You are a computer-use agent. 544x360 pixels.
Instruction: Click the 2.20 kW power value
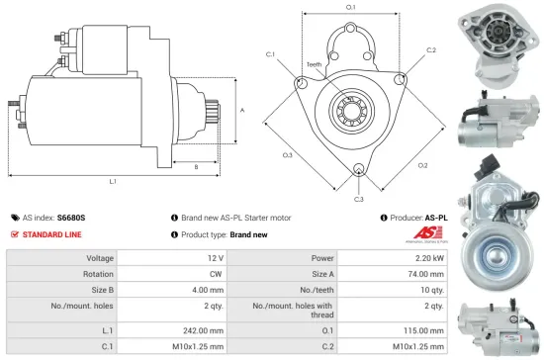(x=430, y=257)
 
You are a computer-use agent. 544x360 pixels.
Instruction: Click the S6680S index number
(x=71, y=217)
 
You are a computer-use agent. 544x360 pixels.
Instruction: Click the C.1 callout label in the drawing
(x=270, y=55)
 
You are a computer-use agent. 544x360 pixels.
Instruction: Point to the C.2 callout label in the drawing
(x=431, y=49)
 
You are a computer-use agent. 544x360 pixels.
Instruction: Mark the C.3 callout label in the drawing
(x=359, y=200)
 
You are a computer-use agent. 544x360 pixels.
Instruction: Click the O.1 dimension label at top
(x=351, y=9)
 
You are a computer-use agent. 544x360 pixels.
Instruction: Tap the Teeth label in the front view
(x=314, y=64)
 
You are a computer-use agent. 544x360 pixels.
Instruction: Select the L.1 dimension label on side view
(x=114, y=182)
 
